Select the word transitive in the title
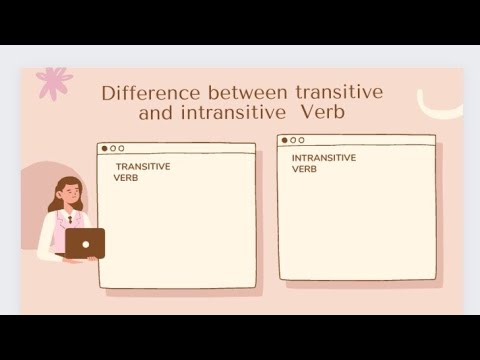pos(334,93)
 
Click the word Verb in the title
pos(323,113)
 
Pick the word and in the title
pos(155,113)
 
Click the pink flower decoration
pos(53,82)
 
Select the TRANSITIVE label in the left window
pos(142,167)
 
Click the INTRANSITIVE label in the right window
pos(323,158)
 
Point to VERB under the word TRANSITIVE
pos(125,178)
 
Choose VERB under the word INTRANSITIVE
pos(304,169)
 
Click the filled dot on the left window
pos(105,148)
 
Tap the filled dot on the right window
pos(285,140)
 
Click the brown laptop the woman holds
pos(84,243)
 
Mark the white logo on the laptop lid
pos(85,243)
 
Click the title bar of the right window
pos(370,140)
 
